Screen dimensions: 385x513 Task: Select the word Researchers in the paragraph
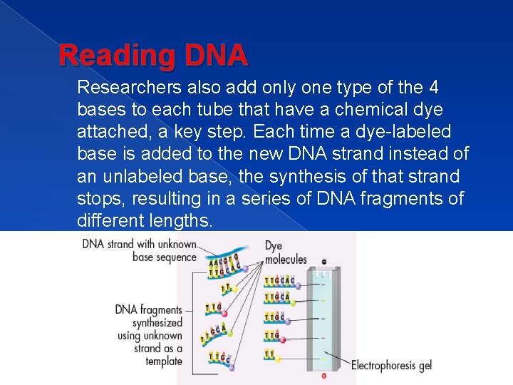pos(132,88)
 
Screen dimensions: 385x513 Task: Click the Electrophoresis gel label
pos(391,365)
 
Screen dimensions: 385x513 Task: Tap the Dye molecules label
pos(286,252)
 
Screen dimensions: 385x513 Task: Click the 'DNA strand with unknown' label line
pos(139,244)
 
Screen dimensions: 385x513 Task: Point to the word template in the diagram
pos(164,361)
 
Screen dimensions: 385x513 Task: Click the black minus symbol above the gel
pos(324,262)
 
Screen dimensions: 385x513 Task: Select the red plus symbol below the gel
pos(324,375)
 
